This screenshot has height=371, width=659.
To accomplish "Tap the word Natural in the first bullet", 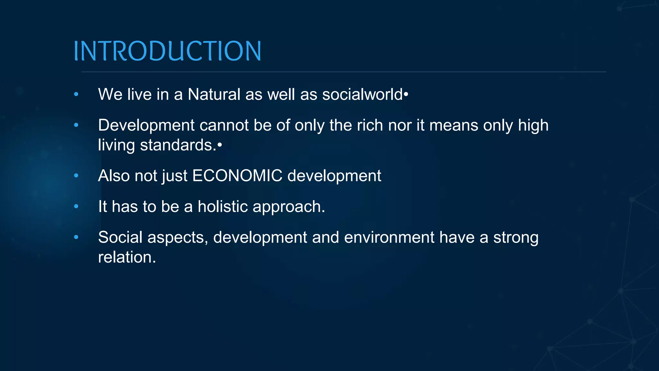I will [214, 94].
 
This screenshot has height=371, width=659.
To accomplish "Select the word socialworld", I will [362, 94].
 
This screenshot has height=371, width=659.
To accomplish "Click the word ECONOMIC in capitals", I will [237, 176].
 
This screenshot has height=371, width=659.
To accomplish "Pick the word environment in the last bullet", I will [389, 237].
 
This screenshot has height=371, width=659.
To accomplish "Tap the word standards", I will [178, 145].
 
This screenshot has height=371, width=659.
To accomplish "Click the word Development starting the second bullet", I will [146, 125].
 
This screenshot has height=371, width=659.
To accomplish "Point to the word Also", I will [114, 176].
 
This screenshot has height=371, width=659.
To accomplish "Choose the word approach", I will [286, 207].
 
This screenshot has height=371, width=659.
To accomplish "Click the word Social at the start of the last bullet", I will [120, 237].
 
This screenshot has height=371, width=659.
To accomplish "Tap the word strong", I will [516, 238].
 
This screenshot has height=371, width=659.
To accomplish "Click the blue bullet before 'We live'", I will [76, 94].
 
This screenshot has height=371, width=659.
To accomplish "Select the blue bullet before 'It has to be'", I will [76, 206].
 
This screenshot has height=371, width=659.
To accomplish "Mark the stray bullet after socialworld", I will [406, 95].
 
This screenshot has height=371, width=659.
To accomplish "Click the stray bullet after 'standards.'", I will [220, 146].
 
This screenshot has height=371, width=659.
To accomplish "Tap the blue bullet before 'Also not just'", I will [76, 176].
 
